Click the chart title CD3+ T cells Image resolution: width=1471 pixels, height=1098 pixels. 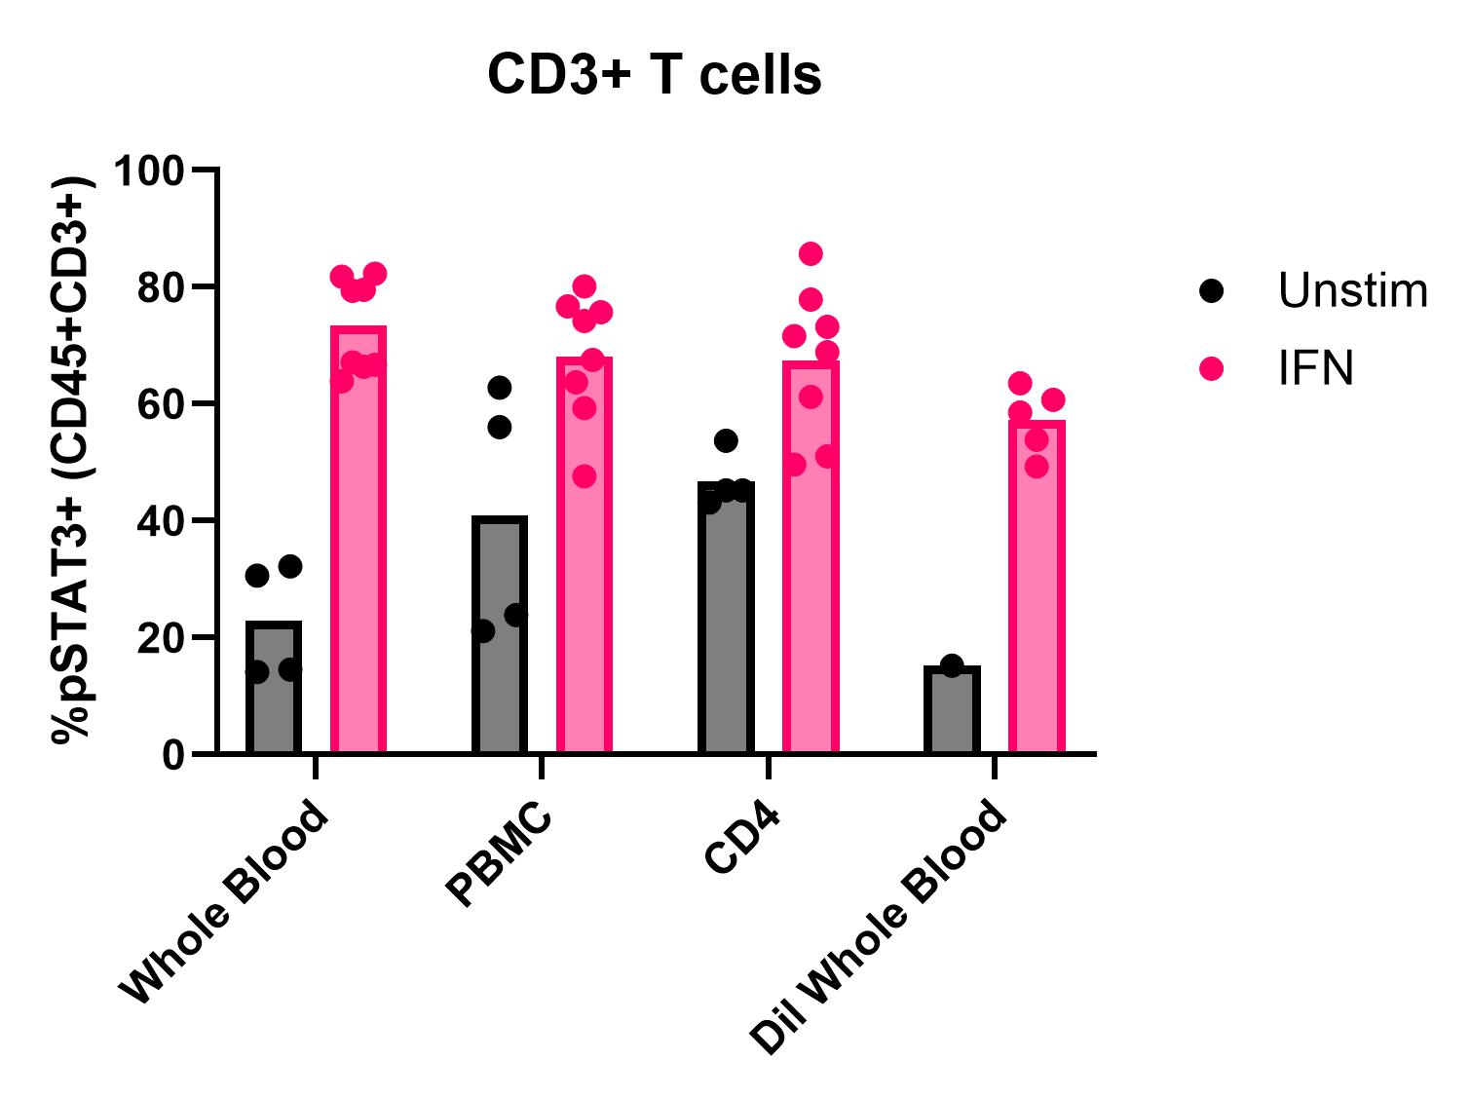coord(654,75)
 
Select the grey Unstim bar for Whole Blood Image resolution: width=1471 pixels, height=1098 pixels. coord(274,692)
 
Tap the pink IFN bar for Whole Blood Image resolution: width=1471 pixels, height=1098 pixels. coord(358,546)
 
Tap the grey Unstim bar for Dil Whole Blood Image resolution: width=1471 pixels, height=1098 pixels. coord(952,711)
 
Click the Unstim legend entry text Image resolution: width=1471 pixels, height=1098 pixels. coord(1352,290)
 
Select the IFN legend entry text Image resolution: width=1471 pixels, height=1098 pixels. coord(1316,369)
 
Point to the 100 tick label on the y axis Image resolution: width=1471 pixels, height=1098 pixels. coord(148,171)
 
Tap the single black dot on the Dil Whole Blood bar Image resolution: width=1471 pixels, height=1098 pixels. coord(952,666)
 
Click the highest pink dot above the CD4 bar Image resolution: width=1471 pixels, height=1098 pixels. coord(811,254)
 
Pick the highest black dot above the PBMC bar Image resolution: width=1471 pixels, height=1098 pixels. coord(500,388)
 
